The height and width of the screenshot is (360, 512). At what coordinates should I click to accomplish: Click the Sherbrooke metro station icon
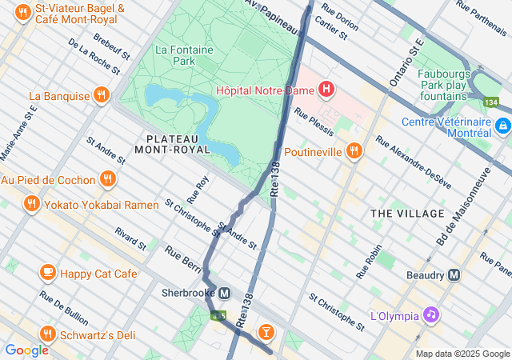tap(226, 293)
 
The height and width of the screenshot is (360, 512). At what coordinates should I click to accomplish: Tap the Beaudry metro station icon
tap(454, 274)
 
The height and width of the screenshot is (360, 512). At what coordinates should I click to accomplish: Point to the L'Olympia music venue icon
tap(431, 314)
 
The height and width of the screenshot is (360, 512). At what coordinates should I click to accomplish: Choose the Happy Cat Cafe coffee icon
tap(47, 274)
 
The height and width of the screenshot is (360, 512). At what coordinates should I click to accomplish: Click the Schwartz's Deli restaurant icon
tap(47, 334)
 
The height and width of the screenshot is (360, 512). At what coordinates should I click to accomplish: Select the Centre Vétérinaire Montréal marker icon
tap(502, 126)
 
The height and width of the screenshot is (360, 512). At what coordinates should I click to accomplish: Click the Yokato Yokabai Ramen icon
tap(31, 204)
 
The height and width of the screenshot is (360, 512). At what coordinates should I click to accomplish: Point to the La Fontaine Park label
tap(174, 54)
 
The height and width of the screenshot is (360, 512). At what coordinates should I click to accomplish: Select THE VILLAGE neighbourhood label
tap(407, 214)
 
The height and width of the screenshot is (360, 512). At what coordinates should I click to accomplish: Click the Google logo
tap(26, 350)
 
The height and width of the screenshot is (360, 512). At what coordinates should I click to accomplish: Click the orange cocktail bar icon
tap(266, 332)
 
